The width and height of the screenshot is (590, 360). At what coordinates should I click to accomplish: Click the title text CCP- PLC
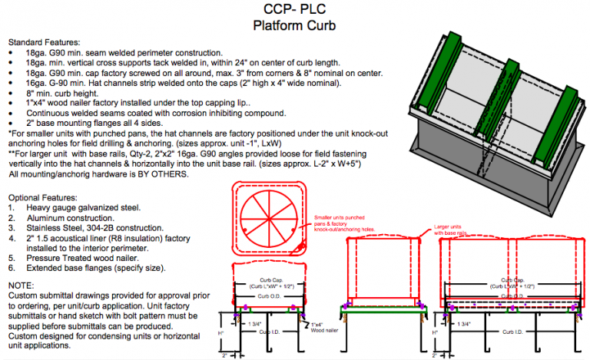coord(295,10)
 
